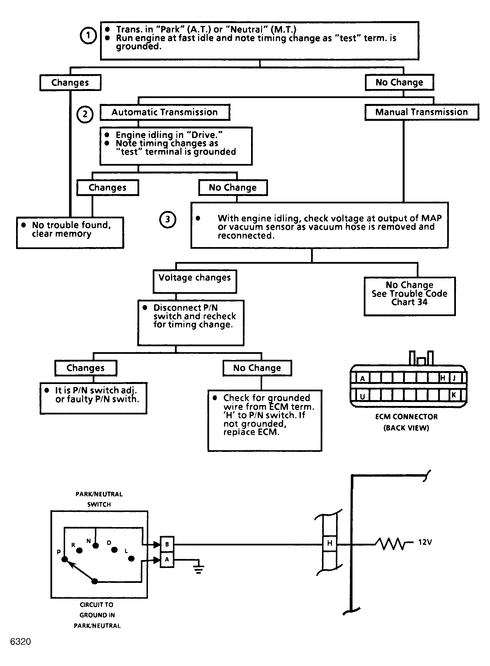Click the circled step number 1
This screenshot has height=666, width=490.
88,35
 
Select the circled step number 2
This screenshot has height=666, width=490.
85,114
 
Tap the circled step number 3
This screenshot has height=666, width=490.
168,220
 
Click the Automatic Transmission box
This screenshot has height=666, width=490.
165,112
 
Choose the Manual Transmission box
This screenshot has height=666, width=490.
422,112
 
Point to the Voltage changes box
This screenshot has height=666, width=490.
195,281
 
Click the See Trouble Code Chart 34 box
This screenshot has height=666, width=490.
410,296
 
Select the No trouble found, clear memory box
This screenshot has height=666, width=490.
70,233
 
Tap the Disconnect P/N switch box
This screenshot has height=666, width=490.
191,323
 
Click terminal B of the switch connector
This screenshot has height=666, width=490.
167,544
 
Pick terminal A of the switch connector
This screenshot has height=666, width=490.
167,560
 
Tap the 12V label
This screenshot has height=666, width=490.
425,542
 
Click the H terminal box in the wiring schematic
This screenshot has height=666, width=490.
330,543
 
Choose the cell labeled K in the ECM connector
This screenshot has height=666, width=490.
454,395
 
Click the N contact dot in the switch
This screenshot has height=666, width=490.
96,545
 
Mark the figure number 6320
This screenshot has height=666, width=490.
21,641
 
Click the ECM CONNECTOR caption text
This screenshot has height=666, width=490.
406,417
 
